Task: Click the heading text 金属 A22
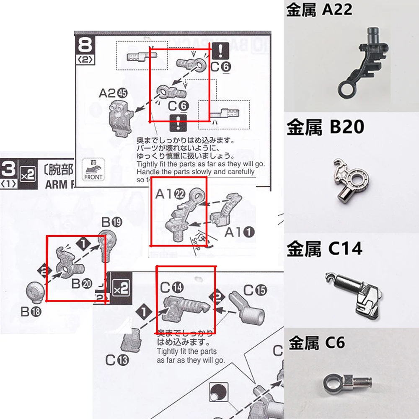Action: (x=319, y=10)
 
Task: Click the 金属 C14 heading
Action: (x=324, y=249)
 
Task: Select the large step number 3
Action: (x=9, y=170)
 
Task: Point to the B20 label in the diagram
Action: (x=82, y=284)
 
